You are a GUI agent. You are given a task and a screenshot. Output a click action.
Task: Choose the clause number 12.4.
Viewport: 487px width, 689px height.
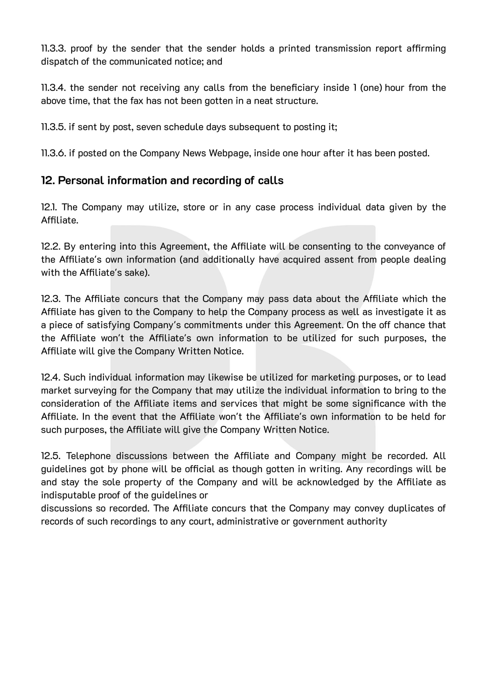[x=50, y=377]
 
